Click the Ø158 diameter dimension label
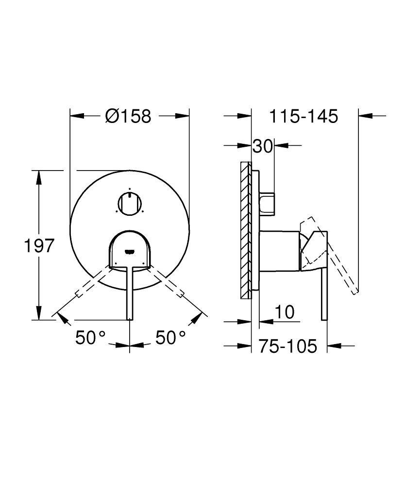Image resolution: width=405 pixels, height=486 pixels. (129, 116)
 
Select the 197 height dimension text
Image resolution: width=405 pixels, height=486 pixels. (38, 246)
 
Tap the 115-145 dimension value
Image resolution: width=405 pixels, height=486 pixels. (304, 116)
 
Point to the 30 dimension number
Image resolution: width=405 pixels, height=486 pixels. (263, 146)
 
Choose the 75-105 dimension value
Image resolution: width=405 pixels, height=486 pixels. (287, 347)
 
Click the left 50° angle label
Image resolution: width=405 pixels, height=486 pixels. (90, 337)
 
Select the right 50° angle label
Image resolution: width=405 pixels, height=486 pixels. (170, 337)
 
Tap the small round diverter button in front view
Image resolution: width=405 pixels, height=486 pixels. (130, 203)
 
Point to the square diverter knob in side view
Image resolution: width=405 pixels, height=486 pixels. (267, 203)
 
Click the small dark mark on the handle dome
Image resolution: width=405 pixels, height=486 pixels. (130, 251)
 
